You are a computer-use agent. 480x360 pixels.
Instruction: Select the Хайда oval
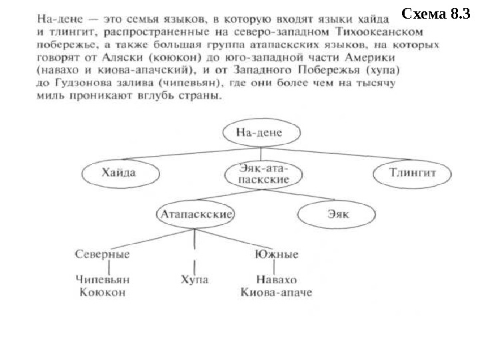119,173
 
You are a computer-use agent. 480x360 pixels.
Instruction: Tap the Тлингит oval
412,173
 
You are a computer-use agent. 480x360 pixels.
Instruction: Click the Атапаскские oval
195,215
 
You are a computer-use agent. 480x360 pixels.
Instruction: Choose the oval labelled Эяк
333,215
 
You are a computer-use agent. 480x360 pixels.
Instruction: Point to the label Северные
102,255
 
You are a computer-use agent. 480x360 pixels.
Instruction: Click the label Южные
276,255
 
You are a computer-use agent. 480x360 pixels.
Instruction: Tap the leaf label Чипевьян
101,279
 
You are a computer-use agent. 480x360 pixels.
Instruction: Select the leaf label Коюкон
101,292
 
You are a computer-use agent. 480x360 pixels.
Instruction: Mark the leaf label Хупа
194,279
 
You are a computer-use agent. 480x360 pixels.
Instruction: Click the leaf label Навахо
276,279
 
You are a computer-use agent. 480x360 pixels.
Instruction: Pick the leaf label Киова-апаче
276,292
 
